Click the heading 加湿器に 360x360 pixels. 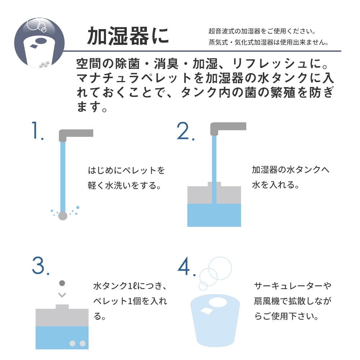point(128,36)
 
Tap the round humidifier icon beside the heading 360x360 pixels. point(39,43)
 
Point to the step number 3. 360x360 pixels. point(41,266)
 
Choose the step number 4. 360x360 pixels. point(186,266)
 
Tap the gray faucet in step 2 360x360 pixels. point(228,129)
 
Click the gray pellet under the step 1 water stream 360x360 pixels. point(63,216)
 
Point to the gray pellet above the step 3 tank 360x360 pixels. point(62,283)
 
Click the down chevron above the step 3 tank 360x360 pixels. point(62,295)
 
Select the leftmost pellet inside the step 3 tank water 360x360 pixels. point(72,343)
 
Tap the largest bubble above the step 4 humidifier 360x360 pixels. point(220,268)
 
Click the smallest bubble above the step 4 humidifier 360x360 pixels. point(203,286)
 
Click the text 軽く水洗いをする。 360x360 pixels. point(125,185)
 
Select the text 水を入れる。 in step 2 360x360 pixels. point(276,185)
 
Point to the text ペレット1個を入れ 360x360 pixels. point(130,301)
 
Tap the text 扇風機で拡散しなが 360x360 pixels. point(293,301)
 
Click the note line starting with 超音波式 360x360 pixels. point(262,31)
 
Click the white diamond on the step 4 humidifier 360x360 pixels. point(207,311)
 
